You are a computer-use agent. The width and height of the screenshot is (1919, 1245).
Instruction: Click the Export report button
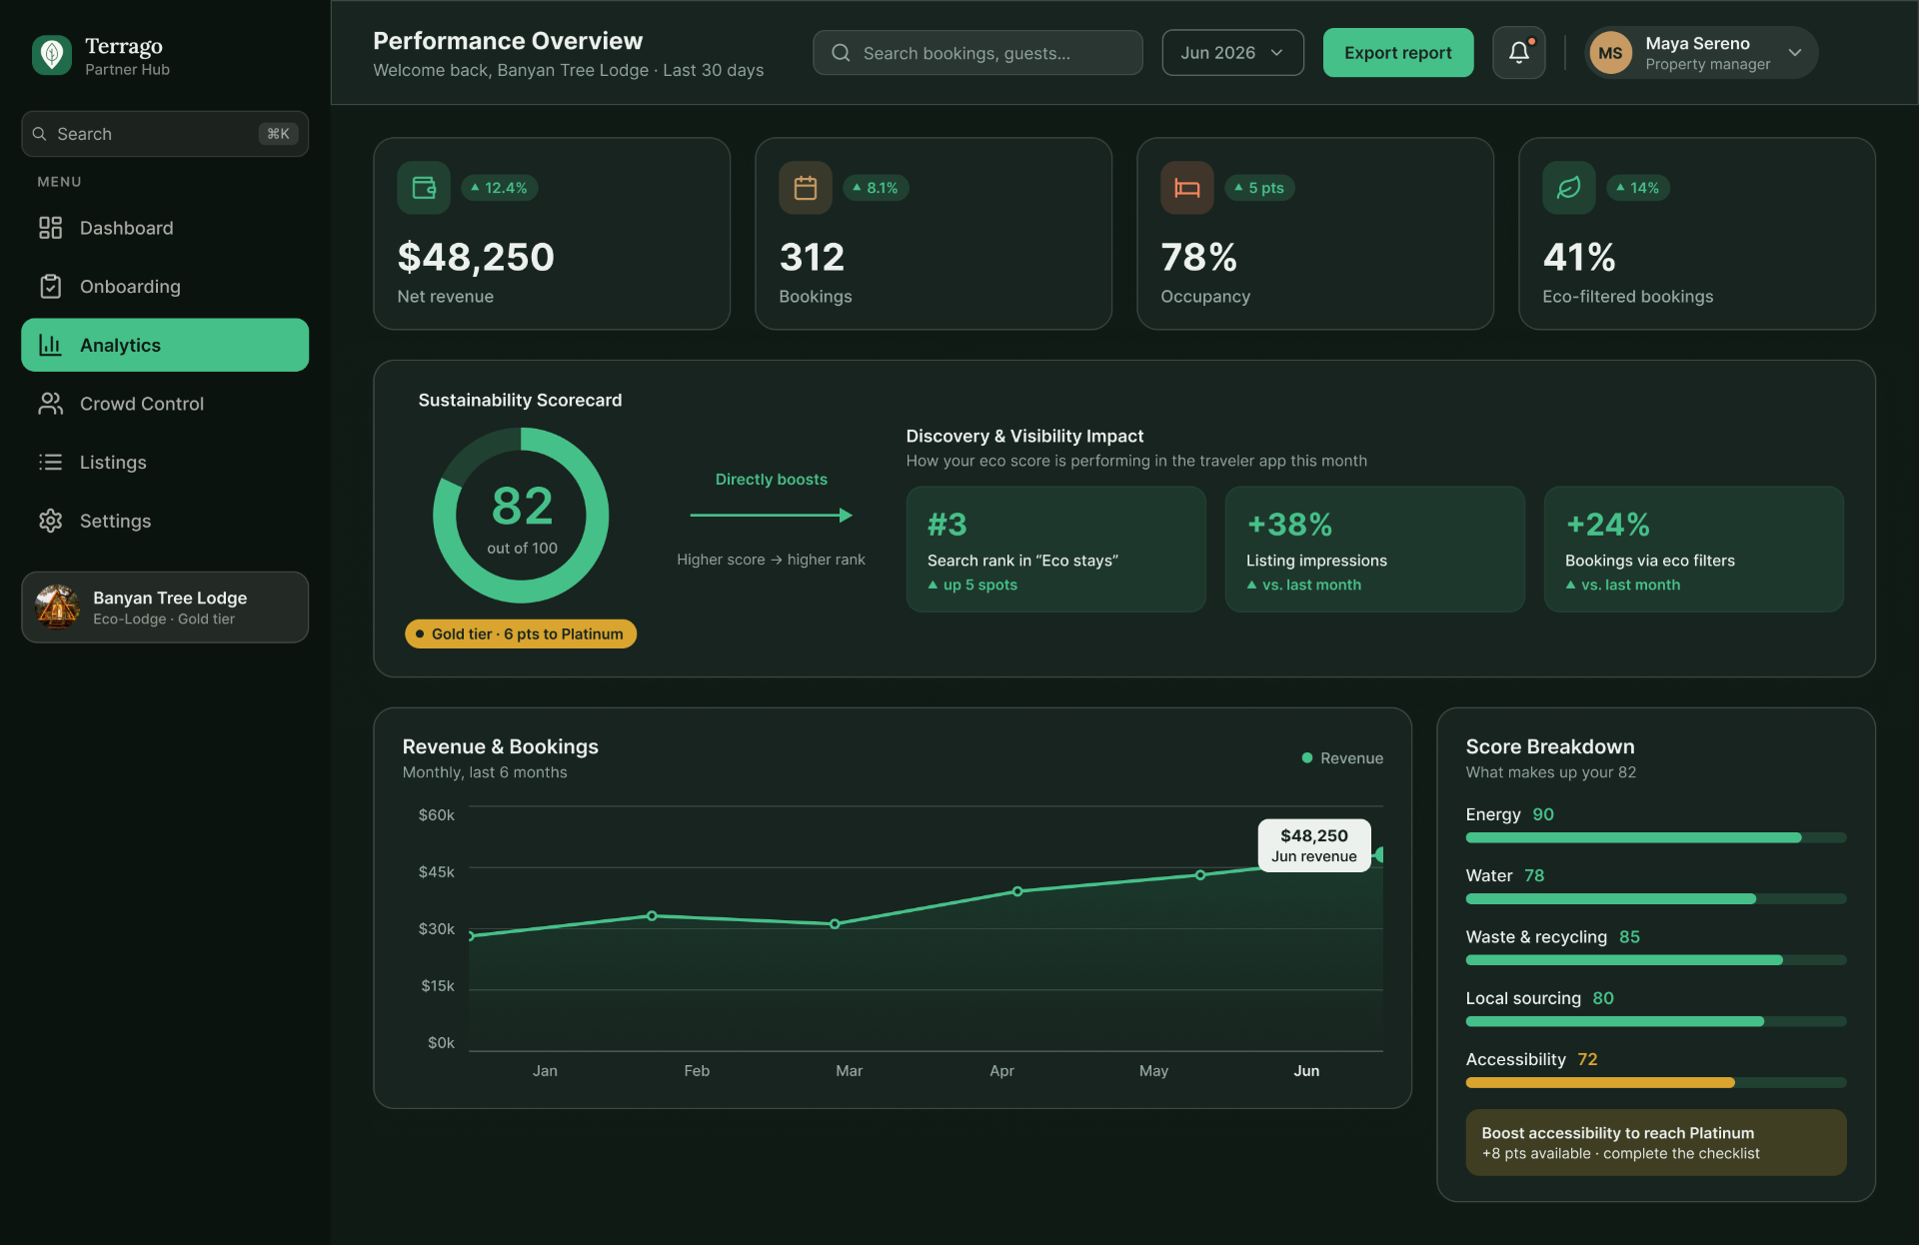coord(1397,53)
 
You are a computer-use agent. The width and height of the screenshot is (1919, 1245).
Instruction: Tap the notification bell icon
coord(1518,53)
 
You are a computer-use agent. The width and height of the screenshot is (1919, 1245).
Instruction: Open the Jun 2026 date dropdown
coord(1232,53)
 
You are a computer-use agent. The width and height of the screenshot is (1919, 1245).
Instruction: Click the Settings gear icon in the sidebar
coord(50,521)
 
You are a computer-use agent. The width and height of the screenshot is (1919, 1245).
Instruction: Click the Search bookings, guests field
coord(977,53)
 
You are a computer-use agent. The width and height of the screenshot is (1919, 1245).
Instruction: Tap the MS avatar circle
coord(1610,53)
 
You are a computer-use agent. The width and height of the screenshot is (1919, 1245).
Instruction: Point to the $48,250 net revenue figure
coord(476,257)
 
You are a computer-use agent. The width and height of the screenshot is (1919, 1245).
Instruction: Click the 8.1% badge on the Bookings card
coord(876,188)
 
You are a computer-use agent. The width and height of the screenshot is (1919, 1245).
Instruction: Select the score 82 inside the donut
coord(522,506)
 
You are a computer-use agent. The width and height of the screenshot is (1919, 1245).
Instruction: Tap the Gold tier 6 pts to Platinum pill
coord(521,633)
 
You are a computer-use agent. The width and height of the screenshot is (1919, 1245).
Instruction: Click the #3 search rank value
coord(947,525)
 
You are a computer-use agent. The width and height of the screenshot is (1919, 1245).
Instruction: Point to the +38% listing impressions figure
coord(1289,525)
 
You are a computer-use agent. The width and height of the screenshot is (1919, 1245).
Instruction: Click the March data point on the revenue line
coord(835,924)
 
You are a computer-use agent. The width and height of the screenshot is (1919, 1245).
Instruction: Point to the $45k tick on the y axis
coord(436,872)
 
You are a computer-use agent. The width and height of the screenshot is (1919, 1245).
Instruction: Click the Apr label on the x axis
coord(1001,1071)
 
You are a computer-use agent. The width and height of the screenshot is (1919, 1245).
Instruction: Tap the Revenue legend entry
coord(1342,758)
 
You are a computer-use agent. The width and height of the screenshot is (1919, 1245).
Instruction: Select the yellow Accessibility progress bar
coord(1600,1083)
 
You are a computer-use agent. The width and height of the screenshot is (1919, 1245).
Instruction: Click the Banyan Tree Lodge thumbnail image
coord(57,607)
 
